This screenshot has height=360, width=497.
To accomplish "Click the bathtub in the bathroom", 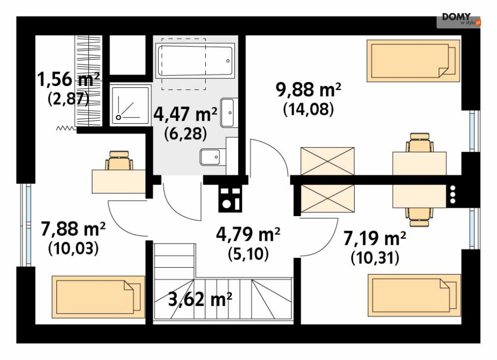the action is pyautogui.click(x=195, y=60).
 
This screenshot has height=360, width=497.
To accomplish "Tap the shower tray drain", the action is pyautogui.click(x=118, y=117).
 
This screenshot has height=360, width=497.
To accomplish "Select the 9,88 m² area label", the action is pyautogui.click(x=308, y=89).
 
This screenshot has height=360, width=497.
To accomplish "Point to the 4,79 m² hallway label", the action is pyautogui.click(x=248, y=235).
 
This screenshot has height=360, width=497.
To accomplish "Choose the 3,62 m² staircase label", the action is pyautogui.click(x=200, y=299).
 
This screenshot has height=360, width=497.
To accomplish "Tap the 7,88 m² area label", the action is pyautogui.click(x=73, y=229).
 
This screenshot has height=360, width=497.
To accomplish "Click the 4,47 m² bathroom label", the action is pyautogui.click(x=185, y=114).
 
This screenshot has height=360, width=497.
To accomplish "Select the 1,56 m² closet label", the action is pyautogui.click(x=68, y=79).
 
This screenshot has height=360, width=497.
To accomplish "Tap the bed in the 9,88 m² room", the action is pyautogui.click(x=413, y=61).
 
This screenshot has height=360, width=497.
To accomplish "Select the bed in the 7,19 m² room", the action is pyautogui.click(x=414, y=296).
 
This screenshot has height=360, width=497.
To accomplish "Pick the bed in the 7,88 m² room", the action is pyautogui.click(x=98, y=297).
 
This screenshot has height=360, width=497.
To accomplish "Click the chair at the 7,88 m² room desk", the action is pyautogui.click(x=119, y=160).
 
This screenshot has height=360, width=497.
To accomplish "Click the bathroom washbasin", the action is pyautogui.click(x=228, y=112).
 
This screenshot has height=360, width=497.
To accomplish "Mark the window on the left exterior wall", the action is pyautogui.click(x=26, y=225).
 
